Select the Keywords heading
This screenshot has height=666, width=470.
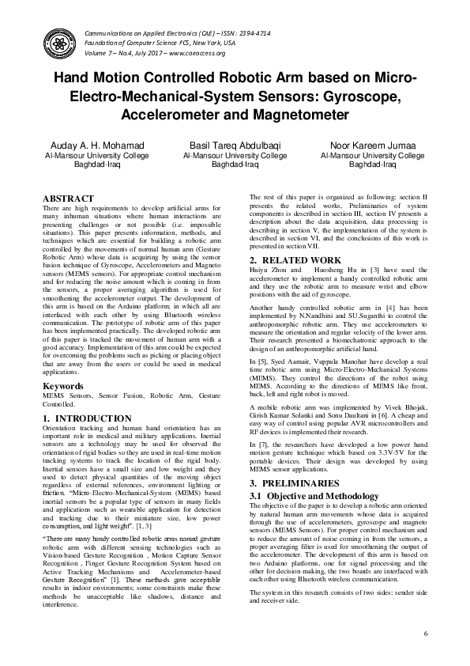pyautogui.click(x=63, y=386)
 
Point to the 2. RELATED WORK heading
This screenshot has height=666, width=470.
pyautogui.click(x=291, y=260)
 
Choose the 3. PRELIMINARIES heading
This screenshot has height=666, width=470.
pyautogui.click(x=293, y=482)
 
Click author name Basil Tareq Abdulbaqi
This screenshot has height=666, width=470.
pyautogui.click(x=235, y=146)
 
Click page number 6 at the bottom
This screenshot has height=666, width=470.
pyautogui.click(x=425, y=634)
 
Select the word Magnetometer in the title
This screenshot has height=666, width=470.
pyautogui.click(x=291, y=114)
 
